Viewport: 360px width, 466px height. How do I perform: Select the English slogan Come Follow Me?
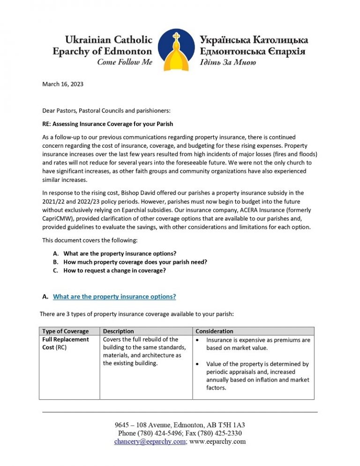coord(124,62)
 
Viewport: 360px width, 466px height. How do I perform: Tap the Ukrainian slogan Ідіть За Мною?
coord(228,62)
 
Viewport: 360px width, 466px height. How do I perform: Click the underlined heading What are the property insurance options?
coord(114,297)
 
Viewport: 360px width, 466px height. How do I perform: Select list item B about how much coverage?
coord(135,262)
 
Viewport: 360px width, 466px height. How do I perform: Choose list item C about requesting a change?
coord(114,271)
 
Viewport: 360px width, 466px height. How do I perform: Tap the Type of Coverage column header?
coord(65,331)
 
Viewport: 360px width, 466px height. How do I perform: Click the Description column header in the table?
coord(118,331)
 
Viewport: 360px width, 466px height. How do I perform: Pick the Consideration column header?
coord(214,331)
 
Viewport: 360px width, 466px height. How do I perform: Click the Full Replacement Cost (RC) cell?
coord(65,343)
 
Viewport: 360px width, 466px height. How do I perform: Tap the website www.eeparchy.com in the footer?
coord(217,442)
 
